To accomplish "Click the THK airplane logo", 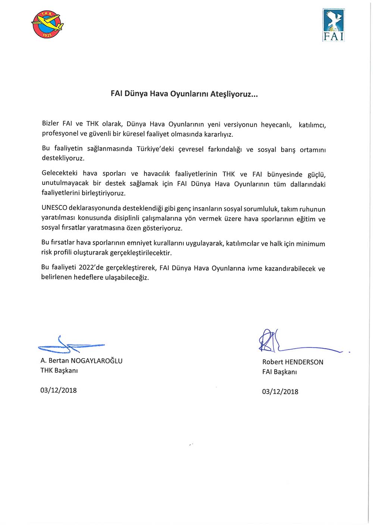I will point(47,25).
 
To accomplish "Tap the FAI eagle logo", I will point(333,25).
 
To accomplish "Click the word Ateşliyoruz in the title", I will point(234,94).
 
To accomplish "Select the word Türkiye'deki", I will point(155,149).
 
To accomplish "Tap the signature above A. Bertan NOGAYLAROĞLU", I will point(70,345).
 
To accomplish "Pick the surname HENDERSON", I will point(304,362).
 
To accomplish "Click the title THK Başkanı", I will point(59,370).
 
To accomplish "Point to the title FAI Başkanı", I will point(279,372).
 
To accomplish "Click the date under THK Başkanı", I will point(59,390).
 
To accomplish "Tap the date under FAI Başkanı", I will point(280,391).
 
